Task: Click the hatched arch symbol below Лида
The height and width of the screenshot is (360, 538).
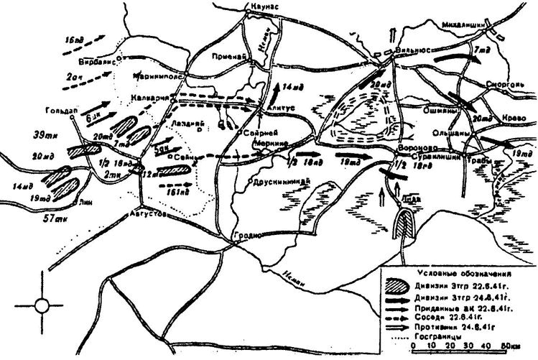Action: point(406,225)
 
